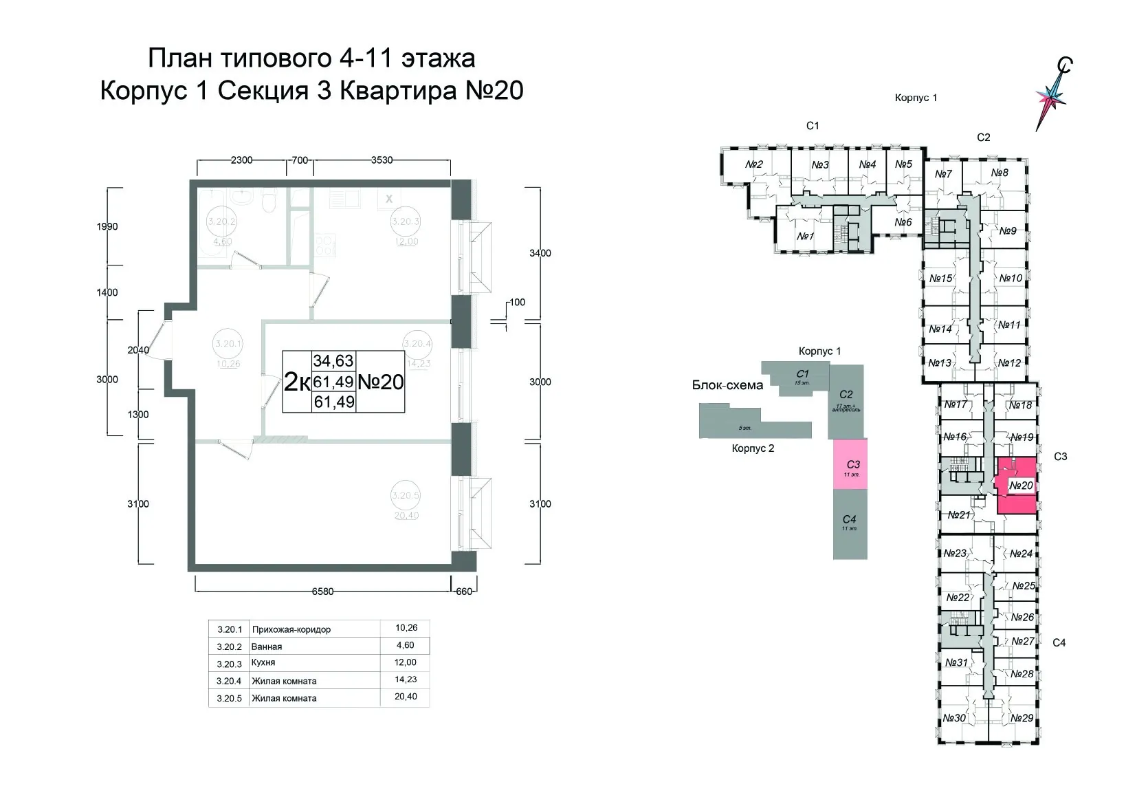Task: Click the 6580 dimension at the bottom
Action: click(323, 591)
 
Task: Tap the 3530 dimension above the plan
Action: click(382, 160)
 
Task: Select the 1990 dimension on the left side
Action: click(107, 226)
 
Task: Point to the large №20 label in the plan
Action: click(382, 382)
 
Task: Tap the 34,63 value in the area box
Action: click(333, 360)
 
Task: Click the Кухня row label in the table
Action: click(263, 663)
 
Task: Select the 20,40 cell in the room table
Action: click(406, 696)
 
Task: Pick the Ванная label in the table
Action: click(267, 647)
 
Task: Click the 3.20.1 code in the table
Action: click(230, 629)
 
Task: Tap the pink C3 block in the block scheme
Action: click(850, 464)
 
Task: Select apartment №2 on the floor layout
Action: click(755, 164)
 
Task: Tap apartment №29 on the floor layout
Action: click(1022, 717)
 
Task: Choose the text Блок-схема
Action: click(727, 385)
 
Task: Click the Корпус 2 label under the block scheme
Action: click(753, 448)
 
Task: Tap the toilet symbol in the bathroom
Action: click(270, 202)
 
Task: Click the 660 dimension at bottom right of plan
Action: click(464, 591)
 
